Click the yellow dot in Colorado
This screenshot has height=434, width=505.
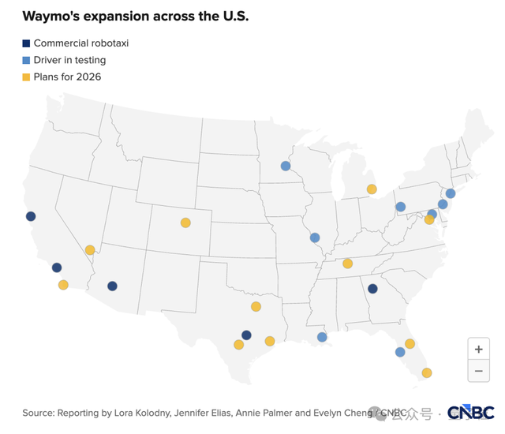(x=185, y=223)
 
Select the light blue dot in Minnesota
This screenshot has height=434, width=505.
(x=286, y=166)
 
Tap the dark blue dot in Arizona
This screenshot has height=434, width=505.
(x=112, y=286)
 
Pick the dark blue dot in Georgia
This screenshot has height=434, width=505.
(x=372, y=289)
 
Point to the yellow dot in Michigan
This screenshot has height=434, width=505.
(x=372, y=189)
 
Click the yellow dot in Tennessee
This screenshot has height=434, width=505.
(x=347, y=264)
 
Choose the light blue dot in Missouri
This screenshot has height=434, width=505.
(x=315, y=238)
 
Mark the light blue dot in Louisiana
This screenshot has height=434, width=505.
(x=322, y=337)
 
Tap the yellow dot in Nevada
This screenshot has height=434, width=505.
(x=90, y=250)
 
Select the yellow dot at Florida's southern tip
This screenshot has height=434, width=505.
(x=427, y=372)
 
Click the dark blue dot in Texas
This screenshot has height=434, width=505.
(x=246, y=335)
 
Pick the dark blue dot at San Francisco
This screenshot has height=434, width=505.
(x=31, y=216)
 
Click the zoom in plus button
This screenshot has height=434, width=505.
(x=478, y=349)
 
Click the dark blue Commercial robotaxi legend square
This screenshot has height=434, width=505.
(x=26, y=43)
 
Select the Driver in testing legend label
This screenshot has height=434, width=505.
(x=69, y=60)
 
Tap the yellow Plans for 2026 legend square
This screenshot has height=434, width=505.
(x=26, y=77)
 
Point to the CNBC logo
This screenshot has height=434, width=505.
(x=470, y=413)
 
